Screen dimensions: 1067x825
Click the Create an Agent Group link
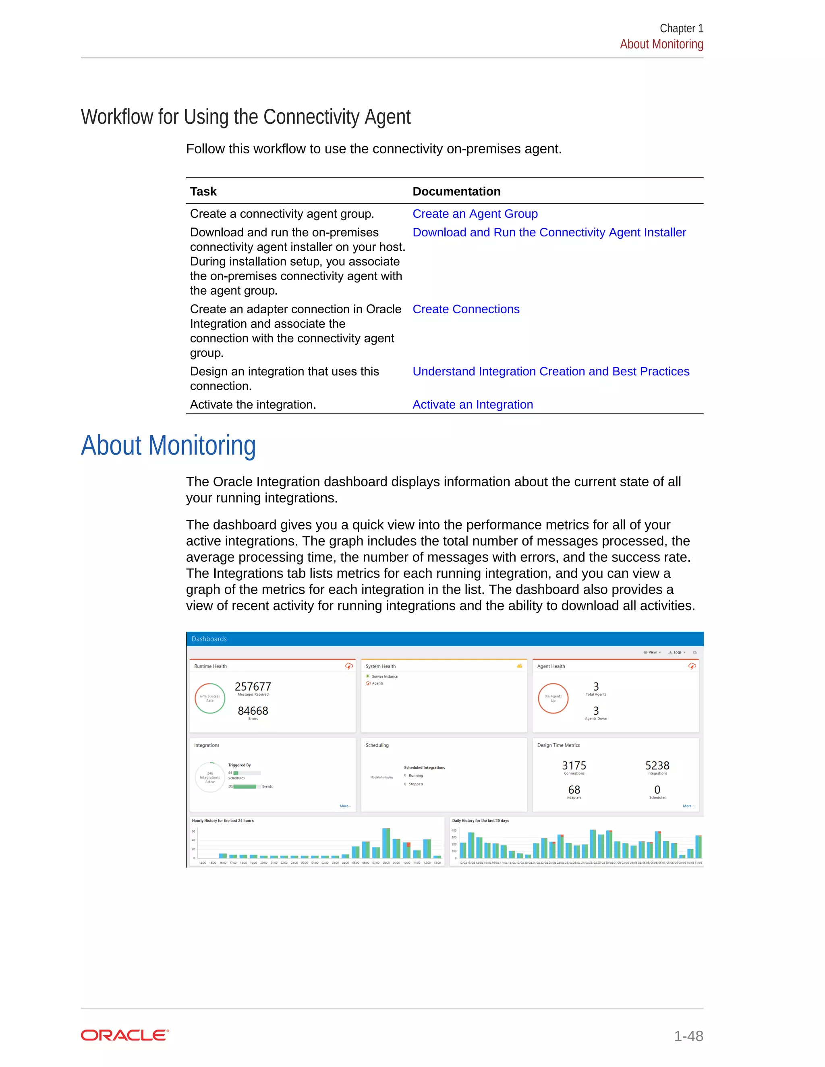pos(475,214)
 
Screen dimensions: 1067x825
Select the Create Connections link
pos(466,309)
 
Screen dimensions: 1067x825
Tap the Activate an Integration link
pos(472,405)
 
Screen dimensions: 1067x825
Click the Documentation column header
pos(456,192)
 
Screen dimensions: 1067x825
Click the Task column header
pos(203,192)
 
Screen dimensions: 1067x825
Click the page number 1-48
pos(688,1036)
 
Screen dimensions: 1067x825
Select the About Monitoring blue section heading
pos(168,446)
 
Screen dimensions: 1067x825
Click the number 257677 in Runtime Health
pos(253,687)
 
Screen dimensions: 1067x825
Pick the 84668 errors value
pos(253,711)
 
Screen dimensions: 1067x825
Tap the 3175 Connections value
pos(574,765)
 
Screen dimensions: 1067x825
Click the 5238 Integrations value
pos(657,765)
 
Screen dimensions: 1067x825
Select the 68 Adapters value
pos(574,790)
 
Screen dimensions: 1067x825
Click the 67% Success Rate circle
pos(209,699)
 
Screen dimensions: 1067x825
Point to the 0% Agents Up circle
pos(553,699)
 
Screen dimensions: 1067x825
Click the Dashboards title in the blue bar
pos(209,639)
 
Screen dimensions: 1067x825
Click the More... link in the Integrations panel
pos(345,806)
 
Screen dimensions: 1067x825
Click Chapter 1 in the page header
pos(681,28)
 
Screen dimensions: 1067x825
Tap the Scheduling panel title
pos(377,745)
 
